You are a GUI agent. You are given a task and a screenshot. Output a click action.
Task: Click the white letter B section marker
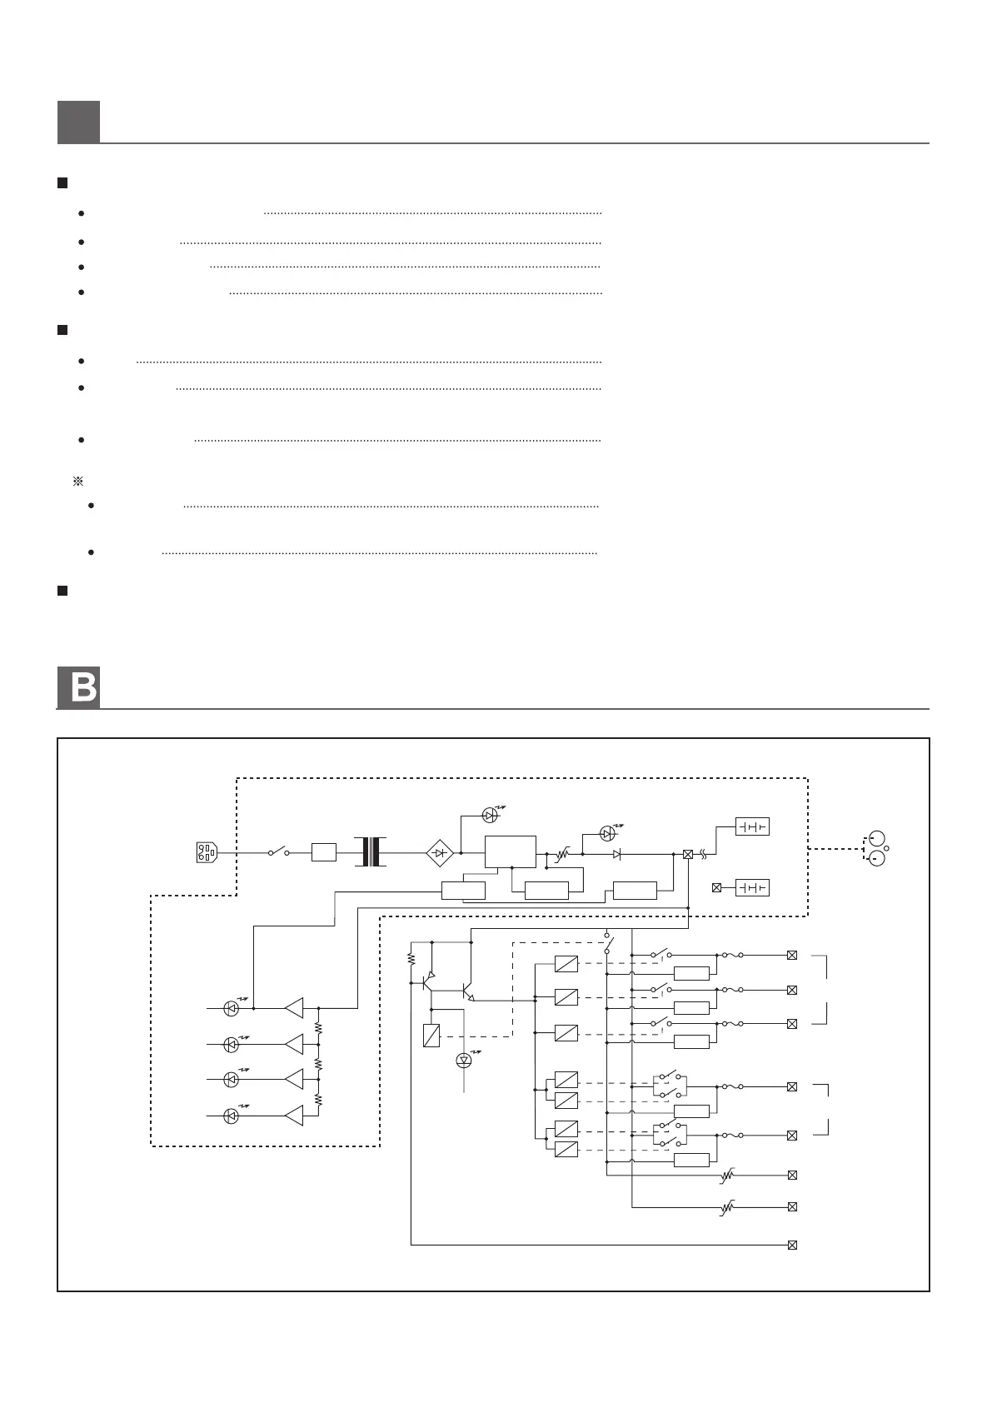[78, 688]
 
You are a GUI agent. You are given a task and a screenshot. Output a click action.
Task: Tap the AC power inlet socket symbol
[206, 853]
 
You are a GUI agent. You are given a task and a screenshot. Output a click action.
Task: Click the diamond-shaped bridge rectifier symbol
[439, 853]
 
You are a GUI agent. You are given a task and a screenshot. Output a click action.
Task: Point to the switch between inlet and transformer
[278, 852]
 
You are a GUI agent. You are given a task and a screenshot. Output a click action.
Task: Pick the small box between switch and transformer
[324, 852]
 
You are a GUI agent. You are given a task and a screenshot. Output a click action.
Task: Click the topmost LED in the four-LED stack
[232, 1008]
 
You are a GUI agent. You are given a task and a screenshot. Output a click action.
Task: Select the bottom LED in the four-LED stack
[232, 1116]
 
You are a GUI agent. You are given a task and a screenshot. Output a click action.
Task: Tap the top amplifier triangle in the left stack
[294, 1008]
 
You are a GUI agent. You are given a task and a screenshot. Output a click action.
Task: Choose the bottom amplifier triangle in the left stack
[294, 1116]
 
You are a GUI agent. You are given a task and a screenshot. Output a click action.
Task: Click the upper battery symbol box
[752, 826]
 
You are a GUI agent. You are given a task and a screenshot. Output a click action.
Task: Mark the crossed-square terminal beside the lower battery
[716, 888]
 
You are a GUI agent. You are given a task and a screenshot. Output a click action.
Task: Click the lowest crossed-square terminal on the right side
[792, 1246]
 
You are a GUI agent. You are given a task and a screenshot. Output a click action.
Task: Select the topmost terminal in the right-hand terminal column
[792, 956]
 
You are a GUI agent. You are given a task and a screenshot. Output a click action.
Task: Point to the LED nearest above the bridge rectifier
[490, 815]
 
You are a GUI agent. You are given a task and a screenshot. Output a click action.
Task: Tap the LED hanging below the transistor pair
[464, 1061]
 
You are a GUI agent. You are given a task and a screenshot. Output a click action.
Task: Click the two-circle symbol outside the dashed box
[877, 848]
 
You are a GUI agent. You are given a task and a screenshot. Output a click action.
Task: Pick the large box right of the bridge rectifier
[511, 852]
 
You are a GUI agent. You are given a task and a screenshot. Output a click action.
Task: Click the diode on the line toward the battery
[617, 854]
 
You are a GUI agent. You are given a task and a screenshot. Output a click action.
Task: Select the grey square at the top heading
[78, 122]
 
